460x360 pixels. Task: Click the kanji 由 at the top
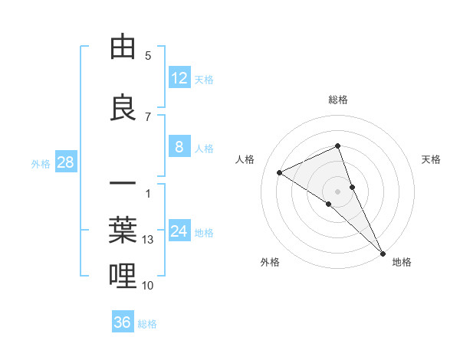(x=123, y=47)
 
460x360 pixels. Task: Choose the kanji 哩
(x=123, y=275)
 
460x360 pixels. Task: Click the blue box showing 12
(x=179, y=78)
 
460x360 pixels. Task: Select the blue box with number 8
(x=179, y=147)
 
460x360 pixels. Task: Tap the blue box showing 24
(x=179, y=231)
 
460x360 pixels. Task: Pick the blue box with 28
(x=66, y=162)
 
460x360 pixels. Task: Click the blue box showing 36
(x=123, y=322)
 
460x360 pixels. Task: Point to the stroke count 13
(x=149, y=240)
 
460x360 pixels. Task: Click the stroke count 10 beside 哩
(x=148, y=286)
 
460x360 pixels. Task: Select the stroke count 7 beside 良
(x=148, y=116)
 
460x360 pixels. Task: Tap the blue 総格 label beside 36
(x=148, y=324)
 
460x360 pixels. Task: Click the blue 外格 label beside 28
(x=41, y=163)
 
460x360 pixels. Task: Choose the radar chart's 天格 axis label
(x=432, y=159)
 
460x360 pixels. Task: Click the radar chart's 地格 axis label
(x=402, y=262)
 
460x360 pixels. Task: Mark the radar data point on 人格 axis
(x=279, y=172)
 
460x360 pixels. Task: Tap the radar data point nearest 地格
(x=383, y=252)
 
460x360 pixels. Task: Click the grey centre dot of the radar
(x=338, y=191)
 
